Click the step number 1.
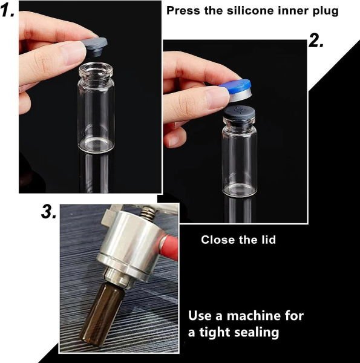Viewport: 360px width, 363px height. pos(7,11)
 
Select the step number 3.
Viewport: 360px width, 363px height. pos(48,211)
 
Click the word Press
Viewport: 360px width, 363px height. pos(183,11)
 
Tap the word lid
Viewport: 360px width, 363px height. pos(269,240)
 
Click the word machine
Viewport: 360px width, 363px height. pos(253,316)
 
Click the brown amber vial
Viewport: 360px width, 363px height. pos(102,315)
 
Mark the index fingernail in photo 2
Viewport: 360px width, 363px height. pos(217,97)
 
